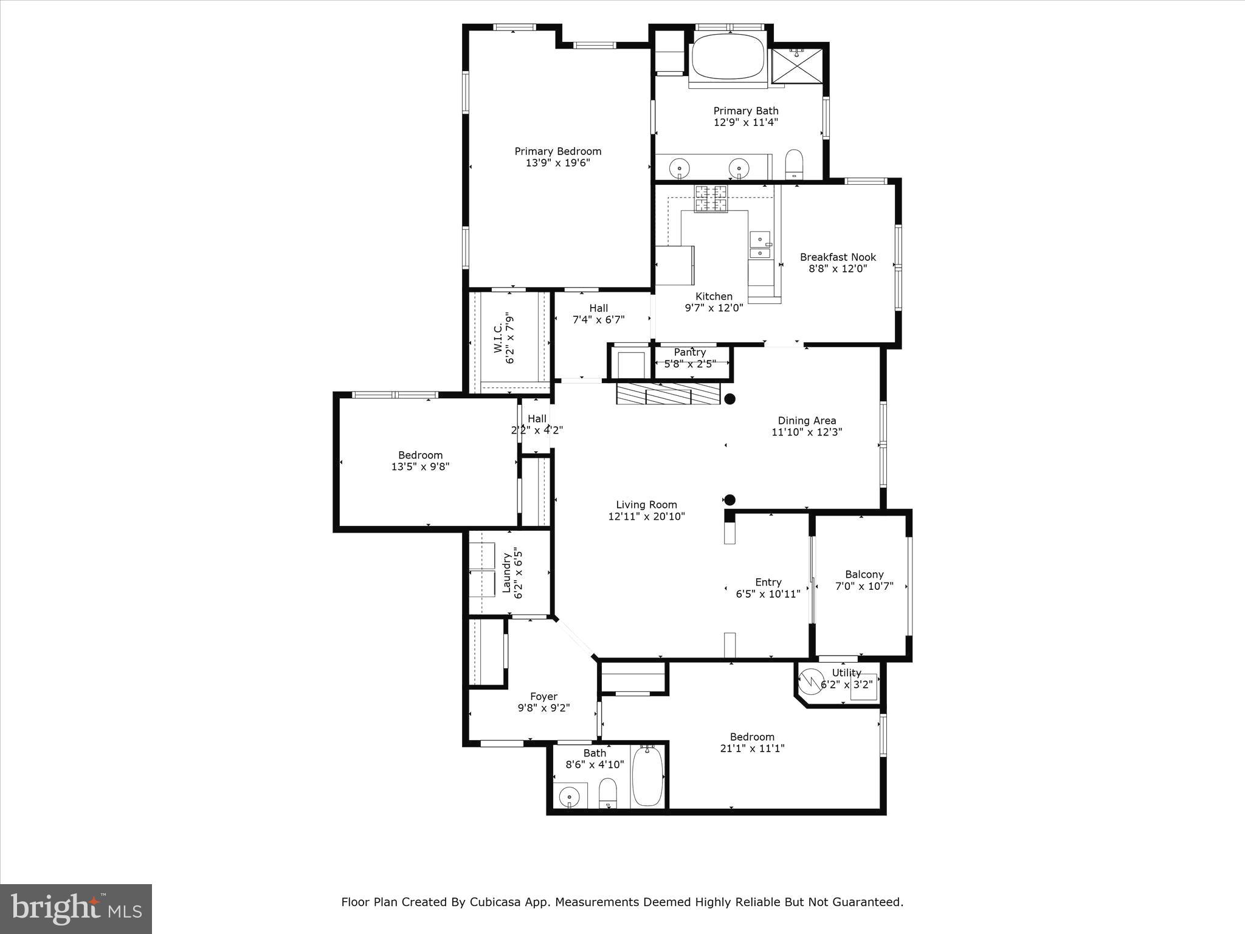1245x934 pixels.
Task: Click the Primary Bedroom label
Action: click(557, 151)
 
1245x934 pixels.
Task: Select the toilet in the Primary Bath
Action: click(794, 164)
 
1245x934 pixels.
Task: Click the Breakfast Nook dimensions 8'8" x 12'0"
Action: click(837, 268)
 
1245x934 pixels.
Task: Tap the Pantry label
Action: click(689, 353)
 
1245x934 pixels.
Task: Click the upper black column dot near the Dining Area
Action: click(730, 399)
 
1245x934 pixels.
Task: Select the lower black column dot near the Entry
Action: click(730, 500)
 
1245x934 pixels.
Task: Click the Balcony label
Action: click(864, 575)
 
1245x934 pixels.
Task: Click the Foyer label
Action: click(543, 697)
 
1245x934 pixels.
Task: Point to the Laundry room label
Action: click(506, 572)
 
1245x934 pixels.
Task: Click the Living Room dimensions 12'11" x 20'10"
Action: click(646, 516)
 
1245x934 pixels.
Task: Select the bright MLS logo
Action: click(76, 909)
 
